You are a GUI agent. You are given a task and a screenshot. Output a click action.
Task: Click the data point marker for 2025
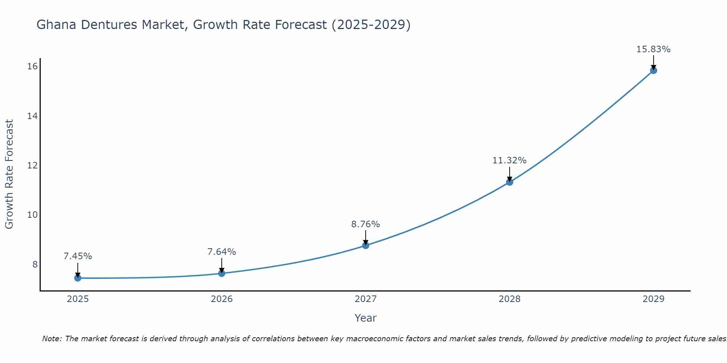77,278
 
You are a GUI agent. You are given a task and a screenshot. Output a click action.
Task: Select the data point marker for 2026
222,273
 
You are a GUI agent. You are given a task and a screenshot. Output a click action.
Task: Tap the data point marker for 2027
366,246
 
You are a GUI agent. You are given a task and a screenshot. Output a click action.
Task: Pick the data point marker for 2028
510,182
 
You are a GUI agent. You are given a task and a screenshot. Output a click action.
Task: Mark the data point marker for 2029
654,70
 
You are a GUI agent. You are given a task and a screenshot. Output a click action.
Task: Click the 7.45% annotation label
78,256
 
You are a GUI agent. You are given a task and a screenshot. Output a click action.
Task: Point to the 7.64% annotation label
222,252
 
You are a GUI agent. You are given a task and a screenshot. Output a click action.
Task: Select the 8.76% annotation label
366,224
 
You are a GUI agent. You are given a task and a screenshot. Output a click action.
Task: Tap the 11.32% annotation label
510,160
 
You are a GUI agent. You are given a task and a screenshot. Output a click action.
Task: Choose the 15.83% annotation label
654,49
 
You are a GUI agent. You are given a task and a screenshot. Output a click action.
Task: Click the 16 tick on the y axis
33,66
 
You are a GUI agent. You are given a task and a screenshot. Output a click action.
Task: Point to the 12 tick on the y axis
33,166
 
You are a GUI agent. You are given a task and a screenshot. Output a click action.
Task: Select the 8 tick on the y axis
35,264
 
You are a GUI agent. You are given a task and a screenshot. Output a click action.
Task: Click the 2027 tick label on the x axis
366,299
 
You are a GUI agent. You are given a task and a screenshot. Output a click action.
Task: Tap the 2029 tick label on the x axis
654,299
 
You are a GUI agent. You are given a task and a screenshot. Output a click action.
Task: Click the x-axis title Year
366,318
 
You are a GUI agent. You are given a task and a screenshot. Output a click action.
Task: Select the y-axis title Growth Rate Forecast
9,174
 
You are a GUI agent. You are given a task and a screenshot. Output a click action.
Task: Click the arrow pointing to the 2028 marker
510,174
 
